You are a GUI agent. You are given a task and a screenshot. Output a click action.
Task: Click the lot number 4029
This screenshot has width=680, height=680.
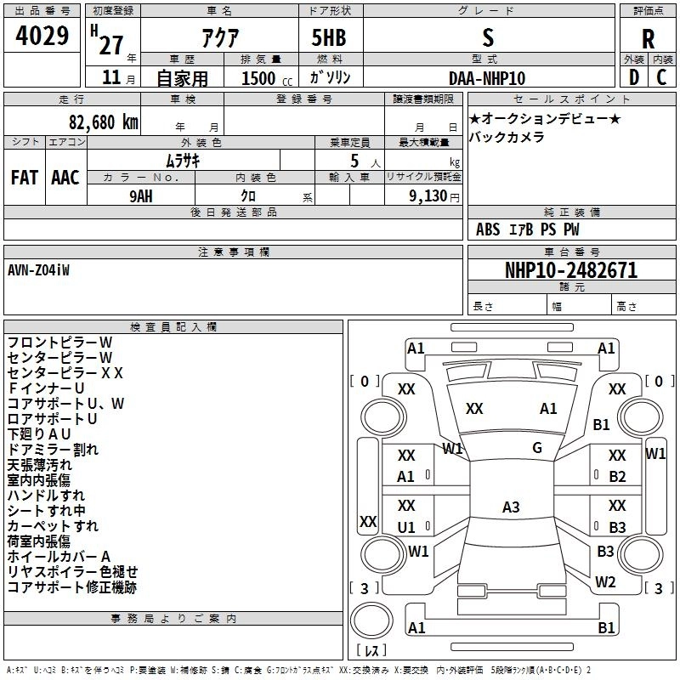pyautogui.click(x=42, y=36)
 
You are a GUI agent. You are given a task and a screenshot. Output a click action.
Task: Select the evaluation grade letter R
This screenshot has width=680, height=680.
pyautogui.click(x=648, y=39)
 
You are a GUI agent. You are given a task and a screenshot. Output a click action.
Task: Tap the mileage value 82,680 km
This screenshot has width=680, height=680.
pyautogui.click(x=104, y=122)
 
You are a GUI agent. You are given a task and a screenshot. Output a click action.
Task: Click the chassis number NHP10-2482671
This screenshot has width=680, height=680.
pyautogui.click(x=571, y=270)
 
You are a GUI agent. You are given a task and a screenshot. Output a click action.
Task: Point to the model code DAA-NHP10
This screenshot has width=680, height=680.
pyautogui.click(x=487, y=78)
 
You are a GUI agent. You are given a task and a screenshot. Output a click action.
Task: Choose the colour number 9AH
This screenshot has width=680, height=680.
pyautogui.click(x=141, y=196)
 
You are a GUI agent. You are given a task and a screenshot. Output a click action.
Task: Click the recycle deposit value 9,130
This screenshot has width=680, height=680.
pyautogui.click(x=428, y=196)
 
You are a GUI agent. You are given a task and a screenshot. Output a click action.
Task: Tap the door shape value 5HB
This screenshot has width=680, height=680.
pyautogui.click(x=329, y=37)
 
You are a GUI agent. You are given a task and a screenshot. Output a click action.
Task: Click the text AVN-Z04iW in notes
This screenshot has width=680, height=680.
pyautogui.click(x=38, y=270)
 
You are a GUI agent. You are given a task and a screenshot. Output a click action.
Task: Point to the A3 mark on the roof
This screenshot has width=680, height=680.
pyautogui.click(x=511, y=507)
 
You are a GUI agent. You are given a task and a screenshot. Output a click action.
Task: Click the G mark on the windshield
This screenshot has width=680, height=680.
pyautogui.click(x=537, y=448)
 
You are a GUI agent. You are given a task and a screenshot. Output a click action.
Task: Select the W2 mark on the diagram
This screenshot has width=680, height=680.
pyautogui.click(x=605, y=582)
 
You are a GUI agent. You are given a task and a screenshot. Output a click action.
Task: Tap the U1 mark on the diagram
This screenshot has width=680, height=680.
pyautogui.click(x=406, y=527)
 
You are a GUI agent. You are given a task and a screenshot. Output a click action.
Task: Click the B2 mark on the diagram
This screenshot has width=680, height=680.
pyautogui.click(x=617, y=477)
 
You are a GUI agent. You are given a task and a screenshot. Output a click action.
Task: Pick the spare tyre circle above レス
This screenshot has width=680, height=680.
pyautogui.click(x=371, y=620)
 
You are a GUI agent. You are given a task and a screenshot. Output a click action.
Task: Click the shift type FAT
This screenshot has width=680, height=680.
pyautogui.click(x=25, y=178)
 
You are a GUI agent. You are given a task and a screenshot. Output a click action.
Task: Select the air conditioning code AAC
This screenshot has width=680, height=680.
pyautogui.click(x=65, y=178)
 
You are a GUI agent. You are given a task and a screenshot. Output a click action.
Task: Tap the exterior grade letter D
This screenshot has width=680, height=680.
pyautogui.click(x=634, y=77)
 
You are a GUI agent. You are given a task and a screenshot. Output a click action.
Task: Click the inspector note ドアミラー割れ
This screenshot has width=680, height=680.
pyautogui.click(x=53, y=450)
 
